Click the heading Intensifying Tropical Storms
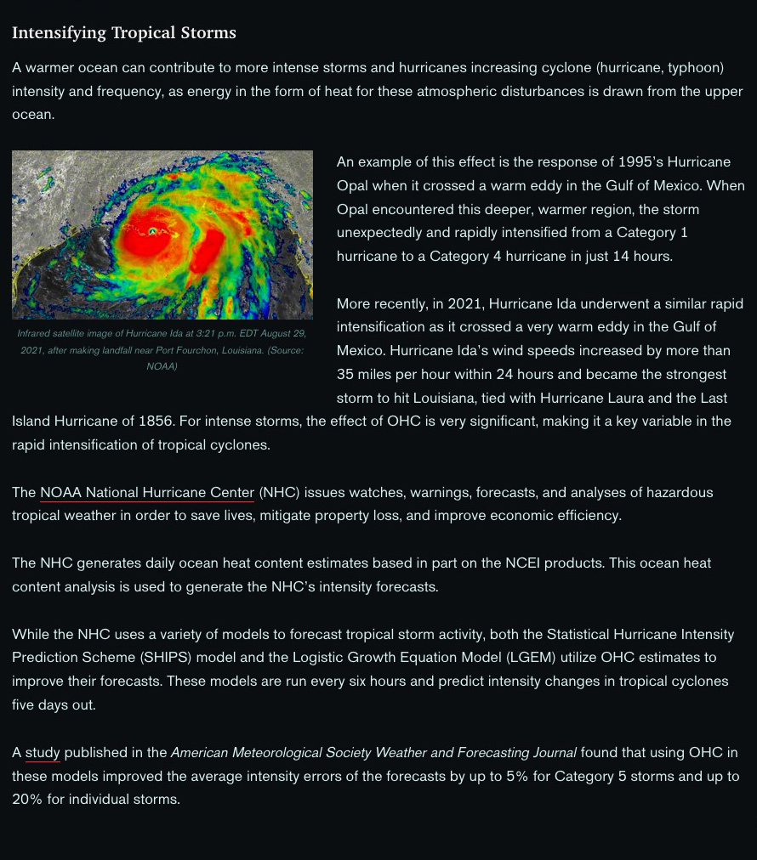point(124,33)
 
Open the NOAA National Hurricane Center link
point(147,493)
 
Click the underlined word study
point(43,753)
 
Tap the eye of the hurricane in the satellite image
point(153,231)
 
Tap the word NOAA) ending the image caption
point(162,366)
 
